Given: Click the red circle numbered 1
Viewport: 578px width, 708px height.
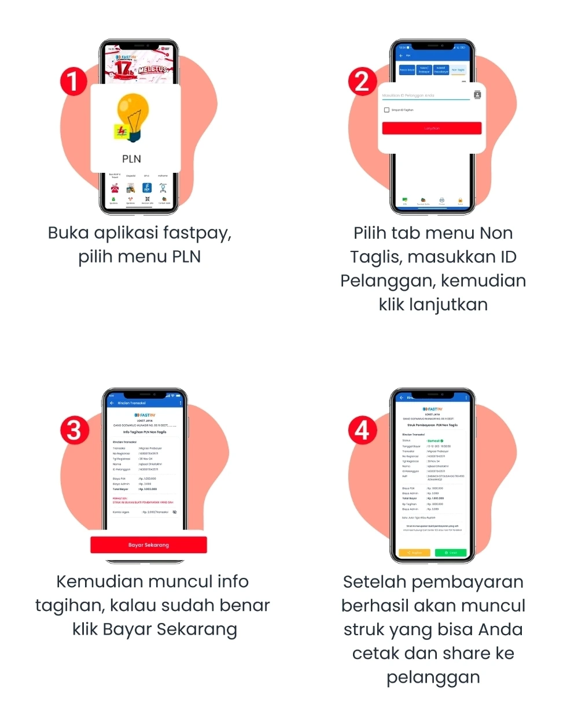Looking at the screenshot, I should (73, 82).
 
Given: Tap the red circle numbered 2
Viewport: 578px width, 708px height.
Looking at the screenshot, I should (362, 82).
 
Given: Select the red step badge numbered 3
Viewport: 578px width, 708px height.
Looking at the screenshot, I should (74, 431).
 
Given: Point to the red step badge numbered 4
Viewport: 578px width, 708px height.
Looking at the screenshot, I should (362, 431).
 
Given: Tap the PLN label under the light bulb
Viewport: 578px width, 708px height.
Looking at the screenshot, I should (132, 159).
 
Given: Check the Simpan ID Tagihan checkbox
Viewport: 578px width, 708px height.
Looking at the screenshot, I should (386, 110).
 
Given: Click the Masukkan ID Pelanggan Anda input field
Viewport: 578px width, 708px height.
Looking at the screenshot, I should (425, 95).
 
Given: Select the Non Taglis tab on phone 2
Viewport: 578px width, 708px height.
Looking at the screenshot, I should (458, 70).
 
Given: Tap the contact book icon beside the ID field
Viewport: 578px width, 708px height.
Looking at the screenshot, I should (477, 95).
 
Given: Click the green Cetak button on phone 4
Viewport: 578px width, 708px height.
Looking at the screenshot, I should (451, 553).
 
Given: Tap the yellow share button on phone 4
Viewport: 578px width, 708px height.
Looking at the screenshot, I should (414, 553).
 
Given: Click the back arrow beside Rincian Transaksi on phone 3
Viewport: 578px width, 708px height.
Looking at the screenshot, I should (112, 403).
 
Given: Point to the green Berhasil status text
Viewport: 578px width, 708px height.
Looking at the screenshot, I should (435, 441).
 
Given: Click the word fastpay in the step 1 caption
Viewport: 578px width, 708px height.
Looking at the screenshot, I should (197, 233).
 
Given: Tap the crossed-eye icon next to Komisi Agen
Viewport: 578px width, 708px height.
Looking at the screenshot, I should (175, 512).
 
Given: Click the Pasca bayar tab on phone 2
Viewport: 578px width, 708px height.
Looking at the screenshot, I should (407, 70).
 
